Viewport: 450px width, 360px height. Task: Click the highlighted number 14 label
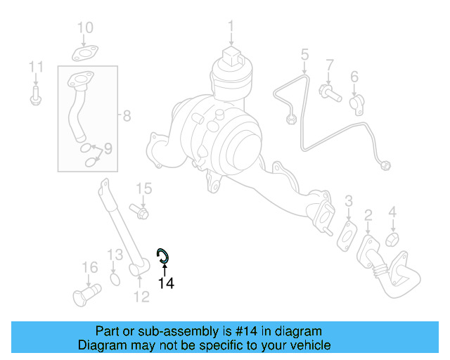coord(165,283)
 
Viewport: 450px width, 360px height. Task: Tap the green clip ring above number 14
coord(162,255)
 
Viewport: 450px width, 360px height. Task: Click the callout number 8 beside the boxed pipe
coord(126,115)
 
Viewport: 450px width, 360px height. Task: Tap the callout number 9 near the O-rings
coord(108,148)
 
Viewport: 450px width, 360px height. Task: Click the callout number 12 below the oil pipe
coord(141,297)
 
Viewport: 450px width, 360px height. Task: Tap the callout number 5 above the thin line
coord(304,53)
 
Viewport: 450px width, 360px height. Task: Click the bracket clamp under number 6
coord(356,103)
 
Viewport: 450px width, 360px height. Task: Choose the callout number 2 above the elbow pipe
coord(368,215)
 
